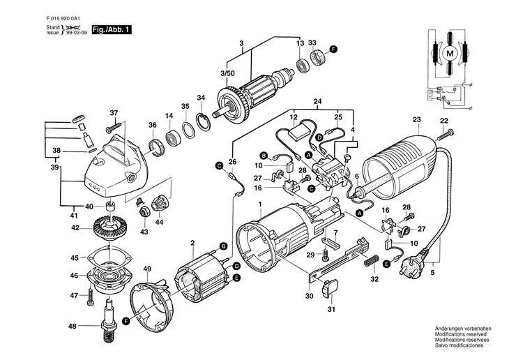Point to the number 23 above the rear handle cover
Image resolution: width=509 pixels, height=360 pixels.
[x=417, y=119]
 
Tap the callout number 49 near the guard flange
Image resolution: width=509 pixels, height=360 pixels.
[x=147, y=269]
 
